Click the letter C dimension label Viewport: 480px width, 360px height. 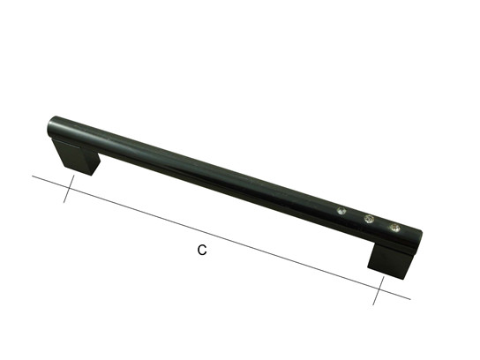click(202, 250)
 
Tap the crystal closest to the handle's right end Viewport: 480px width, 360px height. click(394, 227)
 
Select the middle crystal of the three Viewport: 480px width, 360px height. click(369, 219)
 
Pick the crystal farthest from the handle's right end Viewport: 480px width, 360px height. click(341, 211)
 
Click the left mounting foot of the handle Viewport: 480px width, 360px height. click(77, 157)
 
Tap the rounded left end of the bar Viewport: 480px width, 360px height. click(52, 126)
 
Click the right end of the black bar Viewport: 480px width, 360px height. click(418, 240)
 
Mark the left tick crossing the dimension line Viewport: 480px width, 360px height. click(69, 189)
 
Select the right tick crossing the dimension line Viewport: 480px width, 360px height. click(379, 290)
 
